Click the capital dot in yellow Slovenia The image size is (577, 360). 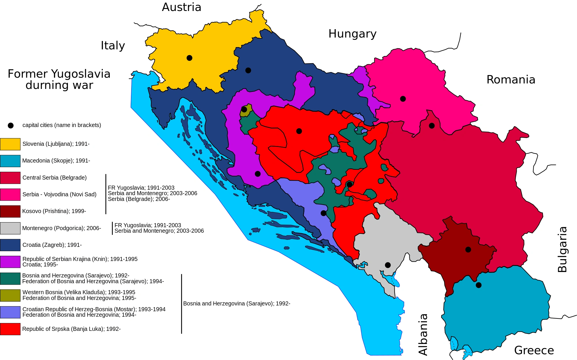[x=189, y=58]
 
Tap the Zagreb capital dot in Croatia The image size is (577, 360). [x=248, y=70]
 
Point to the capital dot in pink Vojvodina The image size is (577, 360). [x=403, y=99]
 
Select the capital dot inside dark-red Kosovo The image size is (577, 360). [x=468, y=249]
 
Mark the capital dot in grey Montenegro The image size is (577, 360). [x=388, y=265]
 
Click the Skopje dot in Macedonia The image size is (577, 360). [x=479, y=285]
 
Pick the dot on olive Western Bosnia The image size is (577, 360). [x=244, y=109]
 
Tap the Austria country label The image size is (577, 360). [x=181, y=7]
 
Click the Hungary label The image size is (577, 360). [x=352, y=34]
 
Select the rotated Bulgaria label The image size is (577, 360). [x=562, y=249]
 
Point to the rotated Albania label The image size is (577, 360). [x=423, y=334]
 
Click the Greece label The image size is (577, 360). [x=534, y=350]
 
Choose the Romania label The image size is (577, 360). [x=511, y=80]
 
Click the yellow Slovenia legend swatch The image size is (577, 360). [x=10, y=144]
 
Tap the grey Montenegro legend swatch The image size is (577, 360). [x=10, y=228]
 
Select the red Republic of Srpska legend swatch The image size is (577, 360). [x=10, y=329]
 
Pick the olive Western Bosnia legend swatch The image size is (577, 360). [x=10, y=295]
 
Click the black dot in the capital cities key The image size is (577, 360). [x=11, y=125]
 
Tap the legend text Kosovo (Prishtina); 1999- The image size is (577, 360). [x=54, y=211]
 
